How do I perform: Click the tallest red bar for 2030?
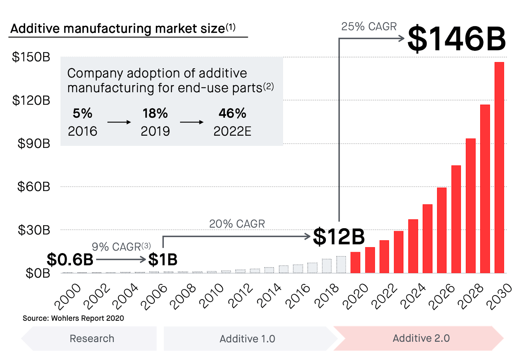pos(499,167)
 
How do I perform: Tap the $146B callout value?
pos(457,39)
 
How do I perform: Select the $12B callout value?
pos(339,236)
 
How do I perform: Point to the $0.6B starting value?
pos(70,260)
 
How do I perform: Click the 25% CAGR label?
pos(369,26)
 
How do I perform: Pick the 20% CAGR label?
pos(237,224)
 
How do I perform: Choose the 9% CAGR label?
pos(121,247)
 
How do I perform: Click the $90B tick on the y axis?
pos(34,144)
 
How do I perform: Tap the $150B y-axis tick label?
pos(31,57)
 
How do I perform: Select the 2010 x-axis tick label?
pos(212,296)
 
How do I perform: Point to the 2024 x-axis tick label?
pos(413,296)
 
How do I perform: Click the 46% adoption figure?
pos(232,113)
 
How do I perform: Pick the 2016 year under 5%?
pos(82,131)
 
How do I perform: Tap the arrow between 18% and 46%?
pos(192,122)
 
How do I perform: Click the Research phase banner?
pos(92,338)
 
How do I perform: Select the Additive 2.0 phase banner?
pos(421,338)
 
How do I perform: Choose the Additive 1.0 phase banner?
pos(247,339)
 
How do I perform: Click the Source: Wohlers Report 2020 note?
pos(73,318)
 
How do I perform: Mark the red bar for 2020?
pos(355,262)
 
